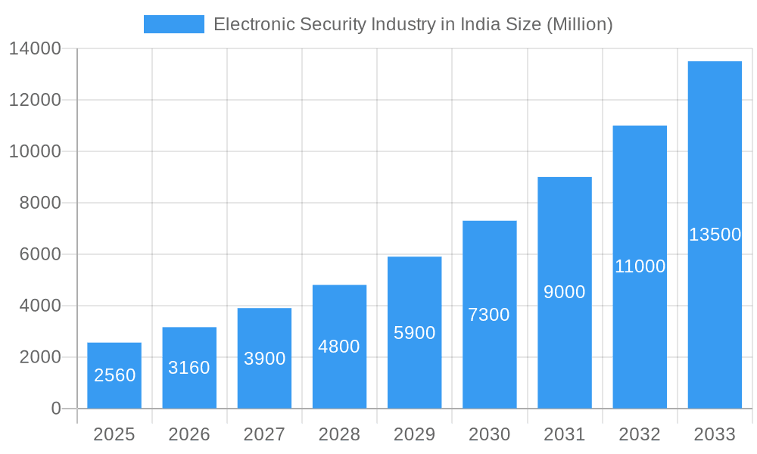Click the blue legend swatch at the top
(x=173, y=24)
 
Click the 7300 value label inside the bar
(x=489, y=315)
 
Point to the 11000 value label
(x=640, y=266)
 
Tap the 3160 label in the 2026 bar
(x=189, y=368)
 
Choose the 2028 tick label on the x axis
(x=339, y=434)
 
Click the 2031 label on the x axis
(x=565, y=434)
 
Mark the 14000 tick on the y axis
(x=35, y=49)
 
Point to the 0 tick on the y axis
(x=56, y=409)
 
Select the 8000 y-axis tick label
(x=40, y=203)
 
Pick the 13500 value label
(x=715, y=235)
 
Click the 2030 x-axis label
(x=489, y=434)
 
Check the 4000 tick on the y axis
(x=40, y=306)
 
